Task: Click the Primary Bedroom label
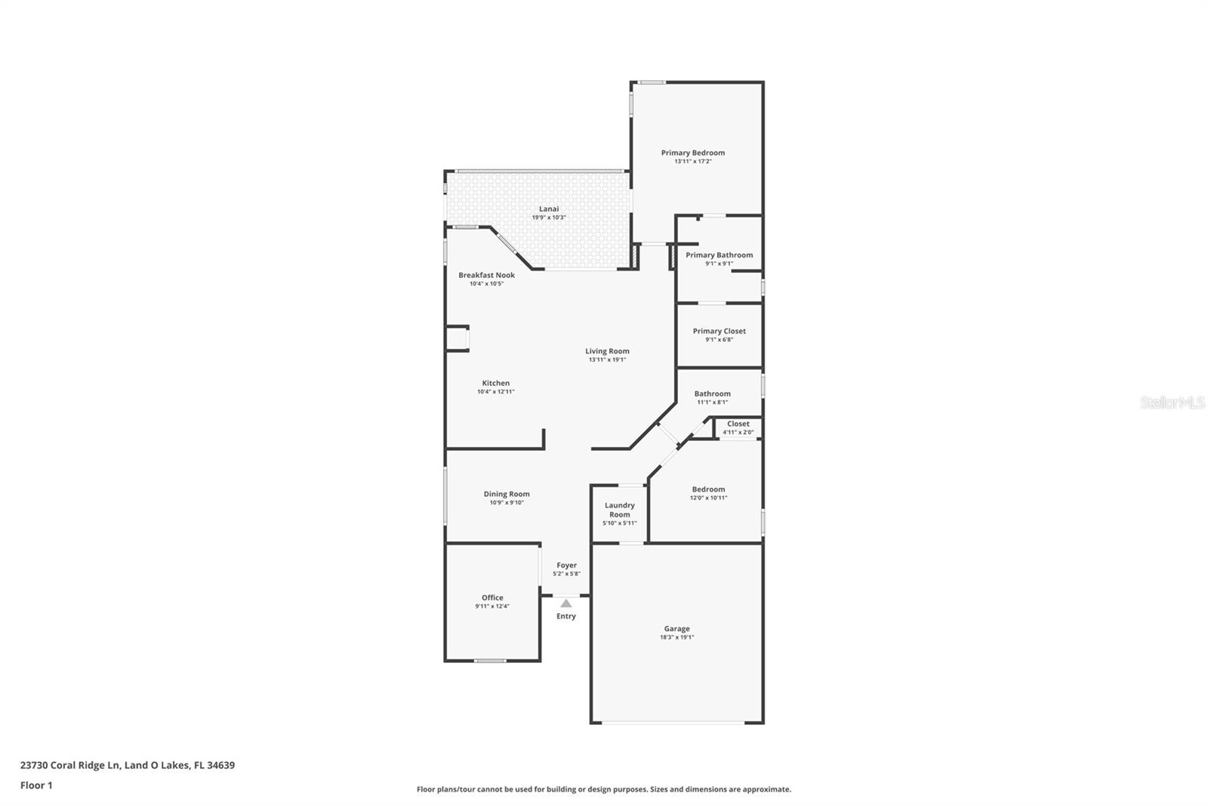pos(692,153)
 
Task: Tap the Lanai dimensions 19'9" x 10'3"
pos(549,217)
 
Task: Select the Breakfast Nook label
pos(486,275)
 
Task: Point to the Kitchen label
pos(495,383)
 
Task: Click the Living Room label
pos(607,351)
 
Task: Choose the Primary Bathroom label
pos(719,255)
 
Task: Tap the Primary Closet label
pos(719,331)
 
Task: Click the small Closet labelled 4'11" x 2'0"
pos(738,427)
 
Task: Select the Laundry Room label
pos(619,510)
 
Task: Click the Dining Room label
pos(507,494)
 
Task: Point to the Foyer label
pos(566,565)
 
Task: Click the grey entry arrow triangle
pos(566,603)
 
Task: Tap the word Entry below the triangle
pos(566,616)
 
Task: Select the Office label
pos(492,597)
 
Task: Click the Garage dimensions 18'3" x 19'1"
pos(676,637)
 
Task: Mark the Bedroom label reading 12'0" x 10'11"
pos(707,489)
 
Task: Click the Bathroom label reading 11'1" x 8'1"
pos(712,393)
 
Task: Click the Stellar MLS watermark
pos(1172,402)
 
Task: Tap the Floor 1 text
pos(36,785)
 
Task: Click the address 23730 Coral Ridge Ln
pos(70,765)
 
